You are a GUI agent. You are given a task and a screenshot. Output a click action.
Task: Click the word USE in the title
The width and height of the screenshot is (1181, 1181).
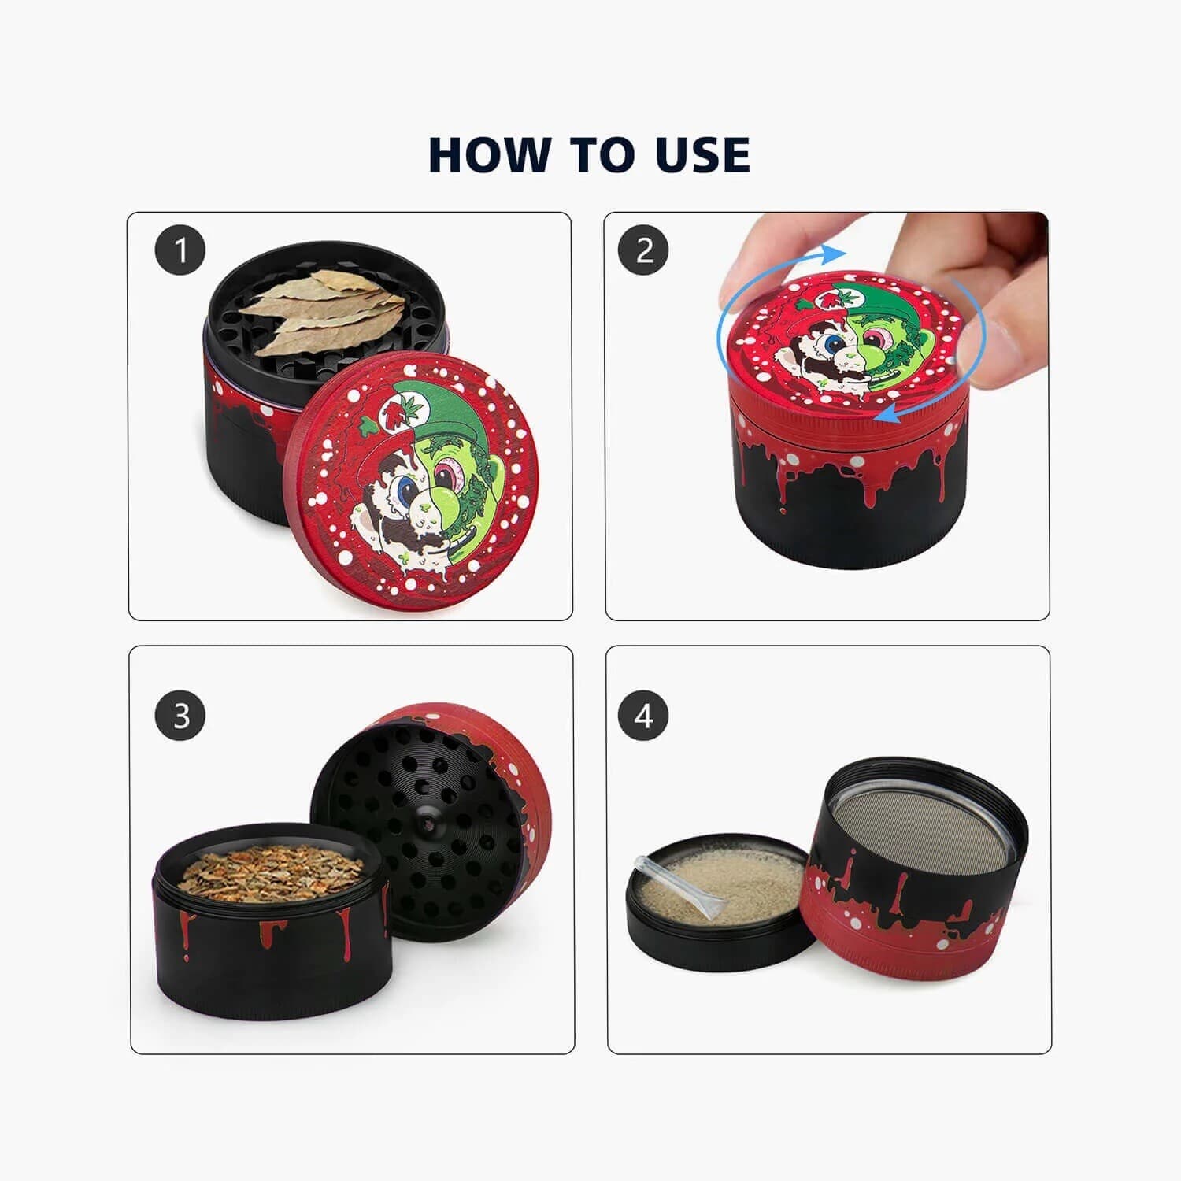701,154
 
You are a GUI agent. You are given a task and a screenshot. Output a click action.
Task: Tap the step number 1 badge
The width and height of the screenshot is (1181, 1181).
180,251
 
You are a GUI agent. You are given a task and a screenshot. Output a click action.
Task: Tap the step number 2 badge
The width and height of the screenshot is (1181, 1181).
643,251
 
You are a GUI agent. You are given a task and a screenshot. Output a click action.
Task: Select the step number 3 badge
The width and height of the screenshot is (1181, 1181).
181,716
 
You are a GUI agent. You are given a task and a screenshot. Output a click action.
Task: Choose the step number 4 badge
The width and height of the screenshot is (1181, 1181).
643,716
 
